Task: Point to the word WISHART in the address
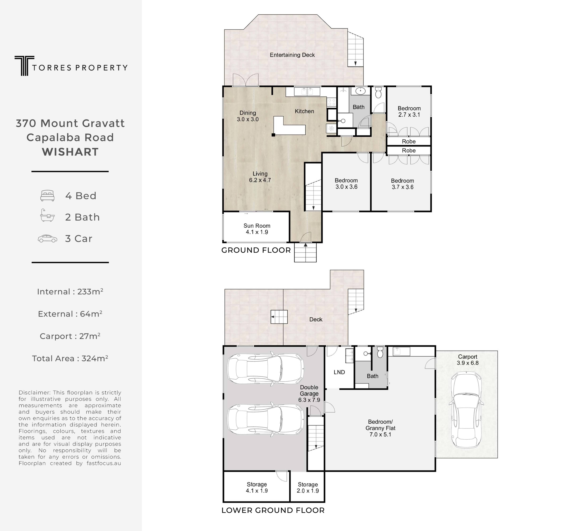(70, 152)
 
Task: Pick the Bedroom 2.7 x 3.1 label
(409, 112)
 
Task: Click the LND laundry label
(339, 372)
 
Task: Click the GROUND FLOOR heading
(256, 250)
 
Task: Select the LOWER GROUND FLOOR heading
(273, 510)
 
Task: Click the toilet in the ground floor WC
(378, 93)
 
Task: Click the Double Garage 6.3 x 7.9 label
(309, 394)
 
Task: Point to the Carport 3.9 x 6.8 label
(468, 360)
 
